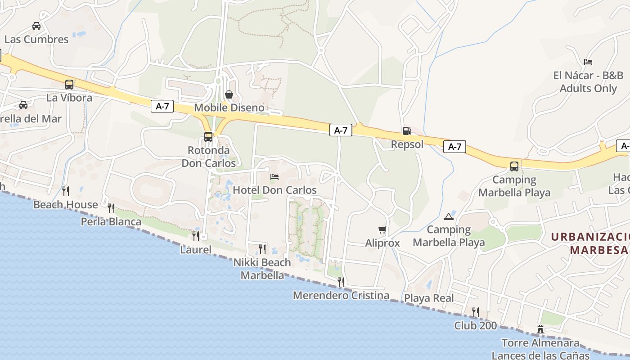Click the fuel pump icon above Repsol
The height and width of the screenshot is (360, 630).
[x=407, y=131]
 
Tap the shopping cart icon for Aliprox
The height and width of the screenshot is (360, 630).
[x=382, y=230]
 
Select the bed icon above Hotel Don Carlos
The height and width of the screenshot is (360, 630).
[x=274, y=177]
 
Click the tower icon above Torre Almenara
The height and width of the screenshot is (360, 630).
[x=540, y=329]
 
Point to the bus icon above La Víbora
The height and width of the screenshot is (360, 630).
[x=69, y=84]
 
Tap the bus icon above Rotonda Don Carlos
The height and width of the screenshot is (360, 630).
[x=208, y=136]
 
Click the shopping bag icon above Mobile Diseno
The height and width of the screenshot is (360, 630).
[x=229, y=94]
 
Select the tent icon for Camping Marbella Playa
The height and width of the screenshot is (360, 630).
[x=449, y=216]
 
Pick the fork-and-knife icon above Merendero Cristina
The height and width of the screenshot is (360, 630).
[x=341, y=282]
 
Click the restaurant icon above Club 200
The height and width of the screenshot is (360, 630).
[x=475, y=312]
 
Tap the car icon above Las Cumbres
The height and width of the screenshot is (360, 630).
[x=36, y=26]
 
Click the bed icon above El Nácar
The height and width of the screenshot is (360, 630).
[x=588, y=62]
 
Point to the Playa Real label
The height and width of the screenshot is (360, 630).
[x=429, y=298]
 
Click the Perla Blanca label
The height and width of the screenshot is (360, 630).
[x=111, y=221]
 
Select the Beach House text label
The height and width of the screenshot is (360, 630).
[x=66, y=205]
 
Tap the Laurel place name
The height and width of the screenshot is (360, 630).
[x=196, y=249]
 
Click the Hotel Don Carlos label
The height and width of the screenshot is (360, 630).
[x=274, y=190]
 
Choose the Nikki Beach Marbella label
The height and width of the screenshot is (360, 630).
[x=262, y=269]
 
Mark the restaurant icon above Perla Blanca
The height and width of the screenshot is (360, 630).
[x=111, y=208]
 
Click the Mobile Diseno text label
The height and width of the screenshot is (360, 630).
[x=229, y=108]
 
